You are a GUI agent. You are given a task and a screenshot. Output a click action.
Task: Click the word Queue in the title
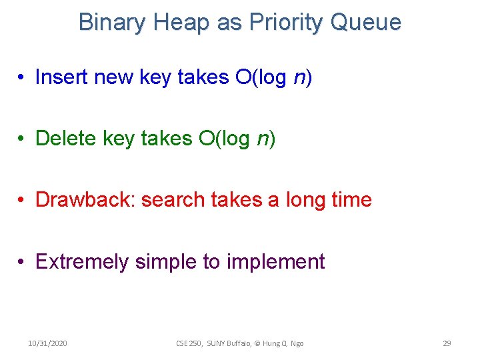[x=367, y=23]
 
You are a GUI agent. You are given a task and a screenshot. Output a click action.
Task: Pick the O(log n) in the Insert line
[x=273, y=77]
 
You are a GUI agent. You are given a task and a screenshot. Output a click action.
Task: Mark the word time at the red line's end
[x=351, y=199]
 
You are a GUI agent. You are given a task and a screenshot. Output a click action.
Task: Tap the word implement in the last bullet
[x=275, y=261]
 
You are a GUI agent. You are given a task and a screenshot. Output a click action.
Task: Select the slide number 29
[x=447, y=343]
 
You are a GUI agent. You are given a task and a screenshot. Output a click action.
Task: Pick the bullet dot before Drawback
[x=23, y=200]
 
